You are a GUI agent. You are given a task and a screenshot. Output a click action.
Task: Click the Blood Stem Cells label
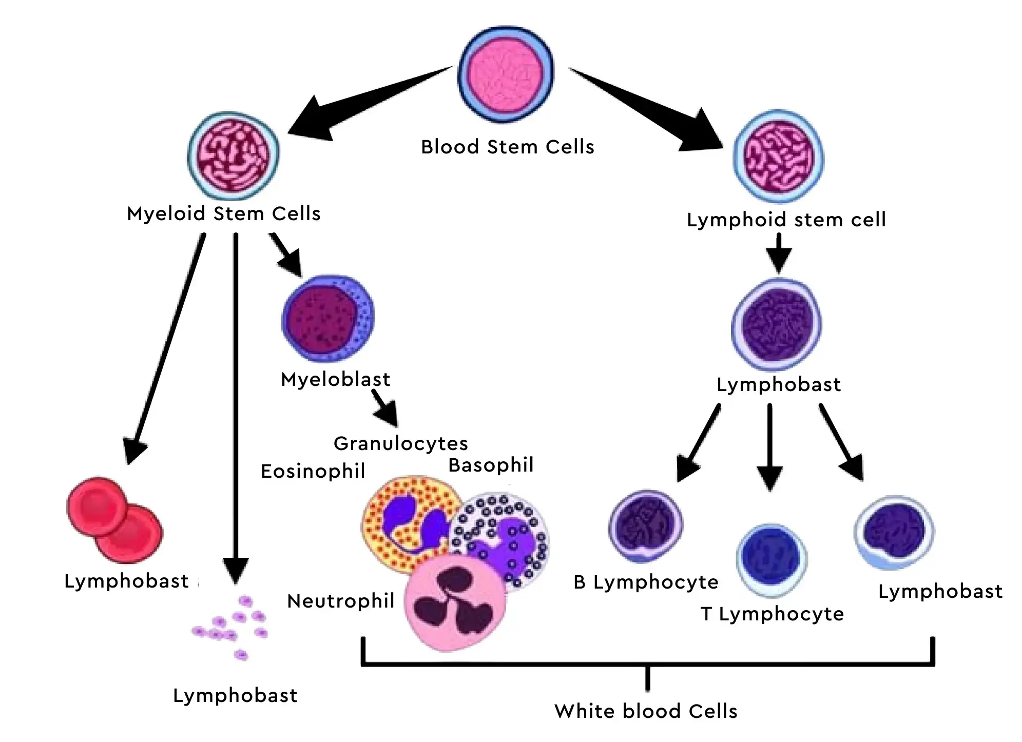(x=507, y=147)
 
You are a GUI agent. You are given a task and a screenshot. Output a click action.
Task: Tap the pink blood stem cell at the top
(x=506, y=74)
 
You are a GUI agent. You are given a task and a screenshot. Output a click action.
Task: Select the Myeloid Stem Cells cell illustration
(x=234, y=155)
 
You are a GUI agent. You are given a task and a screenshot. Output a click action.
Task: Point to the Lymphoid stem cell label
(x=786, y=220)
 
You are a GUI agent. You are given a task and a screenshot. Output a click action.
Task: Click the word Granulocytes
(x=400, y=443)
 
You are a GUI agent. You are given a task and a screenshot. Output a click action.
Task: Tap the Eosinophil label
(x=313, y=471)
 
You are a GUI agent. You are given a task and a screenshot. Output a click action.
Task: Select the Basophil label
(x=491, y=465)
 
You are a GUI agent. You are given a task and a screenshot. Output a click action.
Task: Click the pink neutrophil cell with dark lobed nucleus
(x=455, y=603)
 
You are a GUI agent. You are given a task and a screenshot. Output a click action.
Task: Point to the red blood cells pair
(x=114, y=519)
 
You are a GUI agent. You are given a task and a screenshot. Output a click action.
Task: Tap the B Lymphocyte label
(x=646, y=582)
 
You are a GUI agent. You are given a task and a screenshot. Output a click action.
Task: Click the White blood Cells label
(x=646, y=711)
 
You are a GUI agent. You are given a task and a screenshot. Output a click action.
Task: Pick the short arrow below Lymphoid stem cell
(x=779, y=252)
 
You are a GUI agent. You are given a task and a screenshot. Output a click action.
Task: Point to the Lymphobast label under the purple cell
(x=778, y=384)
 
